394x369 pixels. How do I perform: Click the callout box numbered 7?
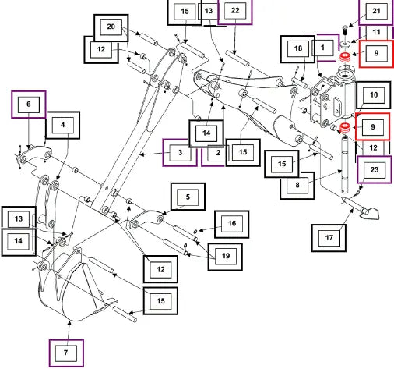(66, 353)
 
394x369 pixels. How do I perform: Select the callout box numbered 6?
(29, 105)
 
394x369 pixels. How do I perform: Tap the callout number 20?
(111, 27)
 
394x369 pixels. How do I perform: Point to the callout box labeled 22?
(235, 11)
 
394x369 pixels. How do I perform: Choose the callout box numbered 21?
(376, 12)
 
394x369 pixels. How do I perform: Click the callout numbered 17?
(329, 238)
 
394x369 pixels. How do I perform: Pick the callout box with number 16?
(232, 224)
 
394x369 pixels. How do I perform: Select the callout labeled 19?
(225, 257)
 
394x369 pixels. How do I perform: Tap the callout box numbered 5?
(188, 197)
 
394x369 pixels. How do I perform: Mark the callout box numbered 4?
(63, 126)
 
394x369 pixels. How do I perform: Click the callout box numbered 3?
(180, 153)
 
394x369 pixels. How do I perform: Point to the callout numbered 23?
(375, 170)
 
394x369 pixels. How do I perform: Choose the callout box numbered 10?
(374, 95)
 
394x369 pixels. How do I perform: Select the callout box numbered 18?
(297, 49)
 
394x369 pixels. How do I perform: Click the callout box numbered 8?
(297, 186)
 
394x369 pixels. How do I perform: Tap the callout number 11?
(376, 33)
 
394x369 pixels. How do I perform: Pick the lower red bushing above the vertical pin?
(345, 128)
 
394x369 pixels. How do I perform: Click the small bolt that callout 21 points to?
(345, 30)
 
